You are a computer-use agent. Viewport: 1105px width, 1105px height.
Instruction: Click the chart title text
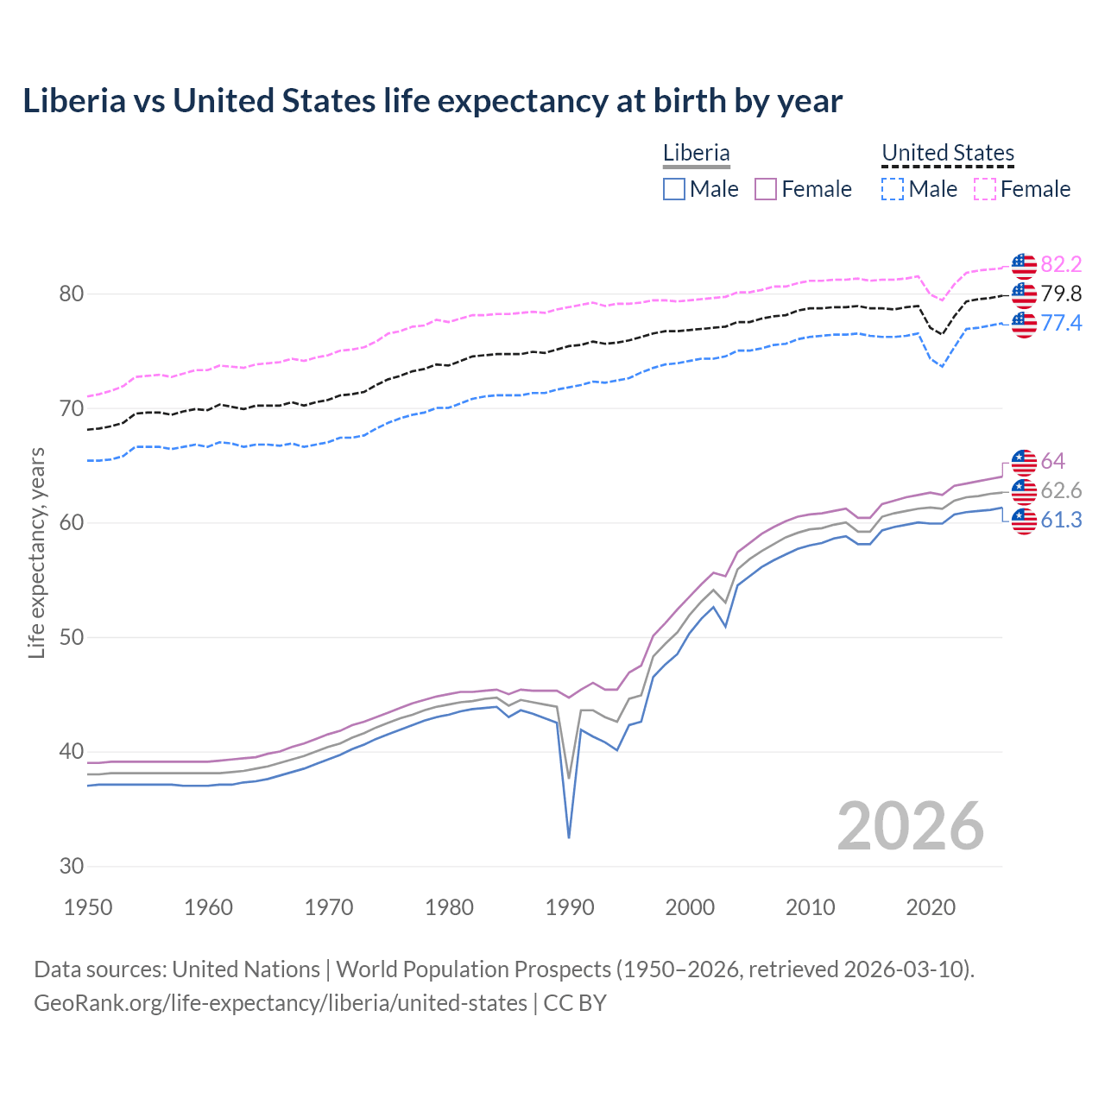433,101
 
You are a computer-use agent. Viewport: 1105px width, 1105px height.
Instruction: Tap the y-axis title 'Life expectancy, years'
36,552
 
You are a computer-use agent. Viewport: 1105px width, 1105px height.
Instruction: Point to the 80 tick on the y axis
72,294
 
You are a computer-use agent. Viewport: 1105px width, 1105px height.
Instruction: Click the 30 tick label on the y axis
72,867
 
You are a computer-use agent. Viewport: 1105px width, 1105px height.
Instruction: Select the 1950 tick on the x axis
88,907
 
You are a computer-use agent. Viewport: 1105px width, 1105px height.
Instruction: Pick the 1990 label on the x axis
570,907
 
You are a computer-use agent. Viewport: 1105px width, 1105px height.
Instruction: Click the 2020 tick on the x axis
931,907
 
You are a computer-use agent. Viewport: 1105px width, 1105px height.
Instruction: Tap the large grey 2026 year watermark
911,826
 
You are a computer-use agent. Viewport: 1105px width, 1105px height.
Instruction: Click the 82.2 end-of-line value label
1061,265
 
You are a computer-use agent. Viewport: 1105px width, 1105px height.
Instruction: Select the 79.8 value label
1061,294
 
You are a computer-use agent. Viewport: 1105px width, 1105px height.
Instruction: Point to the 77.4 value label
1061,324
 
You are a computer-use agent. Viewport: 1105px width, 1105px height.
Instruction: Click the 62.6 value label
1061,491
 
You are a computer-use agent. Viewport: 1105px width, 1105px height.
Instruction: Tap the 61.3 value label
1061,521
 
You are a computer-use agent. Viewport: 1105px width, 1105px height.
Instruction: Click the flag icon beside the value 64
1024,462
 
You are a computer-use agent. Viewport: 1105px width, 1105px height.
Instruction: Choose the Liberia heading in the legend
697,153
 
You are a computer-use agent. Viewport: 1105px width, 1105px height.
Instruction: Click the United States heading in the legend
948,153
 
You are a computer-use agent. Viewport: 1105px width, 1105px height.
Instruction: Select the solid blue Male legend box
674,189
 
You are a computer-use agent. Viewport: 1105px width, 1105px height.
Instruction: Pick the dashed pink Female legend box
985,189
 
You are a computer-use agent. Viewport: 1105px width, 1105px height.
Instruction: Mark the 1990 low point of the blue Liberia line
569,837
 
